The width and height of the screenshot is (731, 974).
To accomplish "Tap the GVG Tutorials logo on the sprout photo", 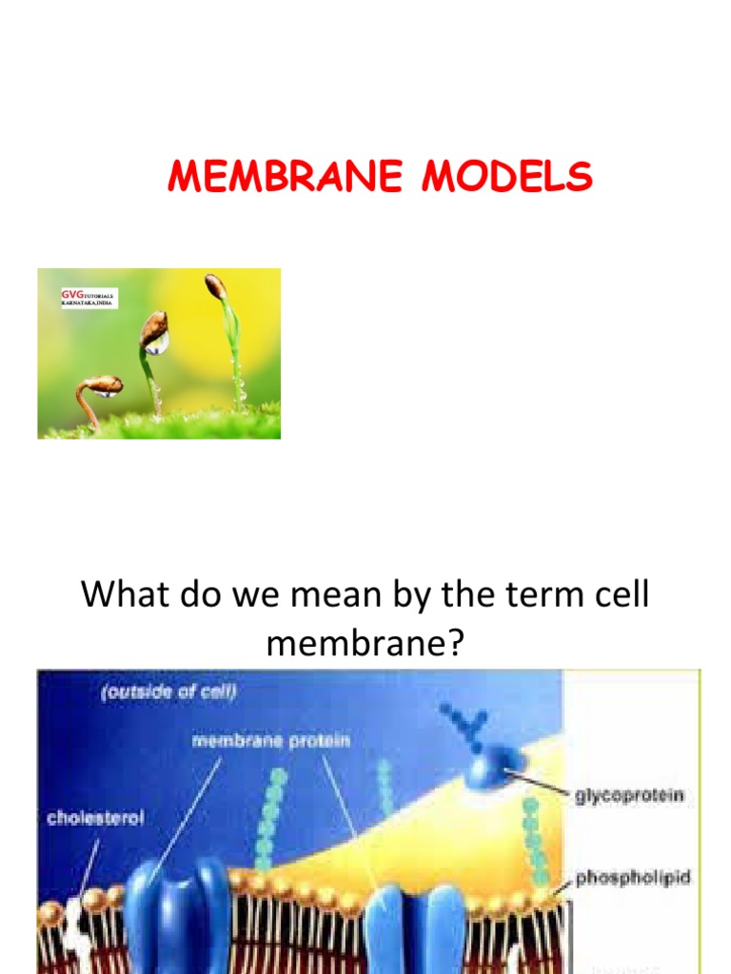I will click(x=89, y=299).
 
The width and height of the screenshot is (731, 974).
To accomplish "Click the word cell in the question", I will click(x=619, y=595).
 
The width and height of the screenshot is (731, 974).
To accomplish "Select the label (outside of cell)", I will click(x=168, y=692).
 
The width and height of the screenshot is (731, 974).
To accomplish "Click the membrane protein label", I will click(x=270, y=741).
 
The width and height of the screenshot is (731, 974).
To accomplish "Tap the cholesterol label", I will click(x=95, y=817).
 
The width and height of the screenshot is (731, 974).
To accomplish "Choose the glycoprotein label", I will click(x=629, y=795).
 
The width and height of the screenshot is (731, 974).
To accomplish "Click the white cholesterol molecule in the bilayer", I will click(x=74, y=927).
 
